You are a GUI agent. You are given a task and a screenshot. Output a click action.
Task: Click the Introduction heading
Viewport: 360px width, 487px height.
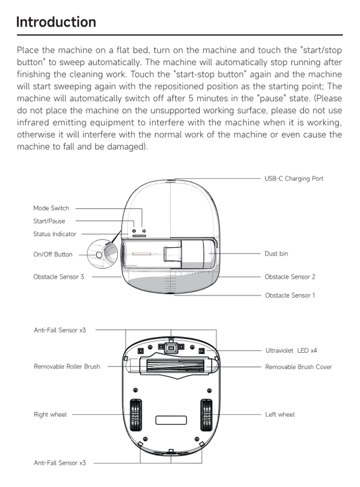pos(56,22)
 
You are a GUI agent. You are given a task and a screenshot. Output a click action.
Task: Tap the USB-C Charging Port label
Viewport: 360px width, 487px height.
pos(293,179)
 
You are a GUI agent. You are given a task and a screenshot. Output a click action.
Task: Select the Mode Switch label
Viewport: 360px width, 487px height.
pos(51,208)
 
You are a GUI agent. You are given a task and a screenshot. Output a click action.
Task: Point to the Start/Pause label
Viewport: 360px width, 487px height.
pos(49,221)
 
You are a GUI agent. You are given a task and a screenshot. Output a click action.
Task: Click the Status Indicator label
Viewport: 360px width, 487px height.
pos(55,234)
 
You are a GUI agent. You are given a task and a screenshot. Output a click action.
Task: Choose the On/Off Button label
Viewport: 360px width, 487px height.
pos(53,254)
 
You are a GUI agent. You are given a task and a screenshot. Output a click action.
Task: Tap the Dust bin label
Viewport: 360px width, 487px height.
pos(276,254)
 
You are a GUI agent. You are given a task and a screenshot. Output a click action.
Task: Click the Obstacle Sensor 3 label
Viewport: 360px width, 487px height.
pos(58,277)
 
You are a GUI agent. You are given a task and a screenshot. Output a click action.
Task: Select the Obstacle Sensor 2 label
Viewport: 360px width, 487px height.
pos(290,277)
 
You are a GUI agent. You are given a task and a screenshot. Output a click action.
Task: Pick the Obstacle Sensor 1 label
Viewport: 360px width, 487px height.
pos(290,295)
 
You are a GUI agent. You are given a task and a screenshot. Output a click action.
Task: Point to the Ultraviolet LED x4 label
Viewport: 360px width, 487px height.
pos(291,350)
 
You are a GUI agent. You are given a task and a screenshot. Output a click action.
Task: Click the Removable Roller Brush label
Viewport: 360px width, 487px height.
pos(67,366)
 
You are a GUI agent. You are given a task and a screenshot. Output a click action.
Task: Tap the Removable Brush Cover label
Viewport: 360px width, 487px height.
pos(298,367)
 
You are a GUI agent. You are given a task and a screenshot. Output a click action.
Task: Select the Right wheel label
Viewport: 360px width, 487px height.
pos(50,415)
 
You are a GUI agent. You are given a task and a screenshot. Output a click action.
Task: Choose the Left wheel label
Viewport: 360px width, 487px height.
pos(279,415)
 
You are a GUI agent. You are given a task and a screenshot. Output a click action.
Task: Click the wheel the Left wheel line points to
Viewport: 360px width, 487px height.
pos(207,414)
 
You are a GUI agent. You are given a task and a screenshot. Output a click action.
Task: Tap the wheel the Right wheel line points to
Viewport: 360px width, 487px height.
pos(135,414)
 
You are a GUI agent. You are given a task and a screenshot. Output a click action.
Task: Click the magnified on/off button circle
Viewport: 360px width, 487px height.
pos(100,254)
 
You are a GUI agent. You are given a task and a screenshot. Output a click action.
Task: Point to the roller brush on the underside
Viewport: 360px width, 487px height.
pos(171,364)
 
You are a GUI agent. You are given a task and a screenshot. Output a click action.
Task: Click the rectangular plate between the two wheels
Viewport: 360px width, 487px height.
pos(171,420)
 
